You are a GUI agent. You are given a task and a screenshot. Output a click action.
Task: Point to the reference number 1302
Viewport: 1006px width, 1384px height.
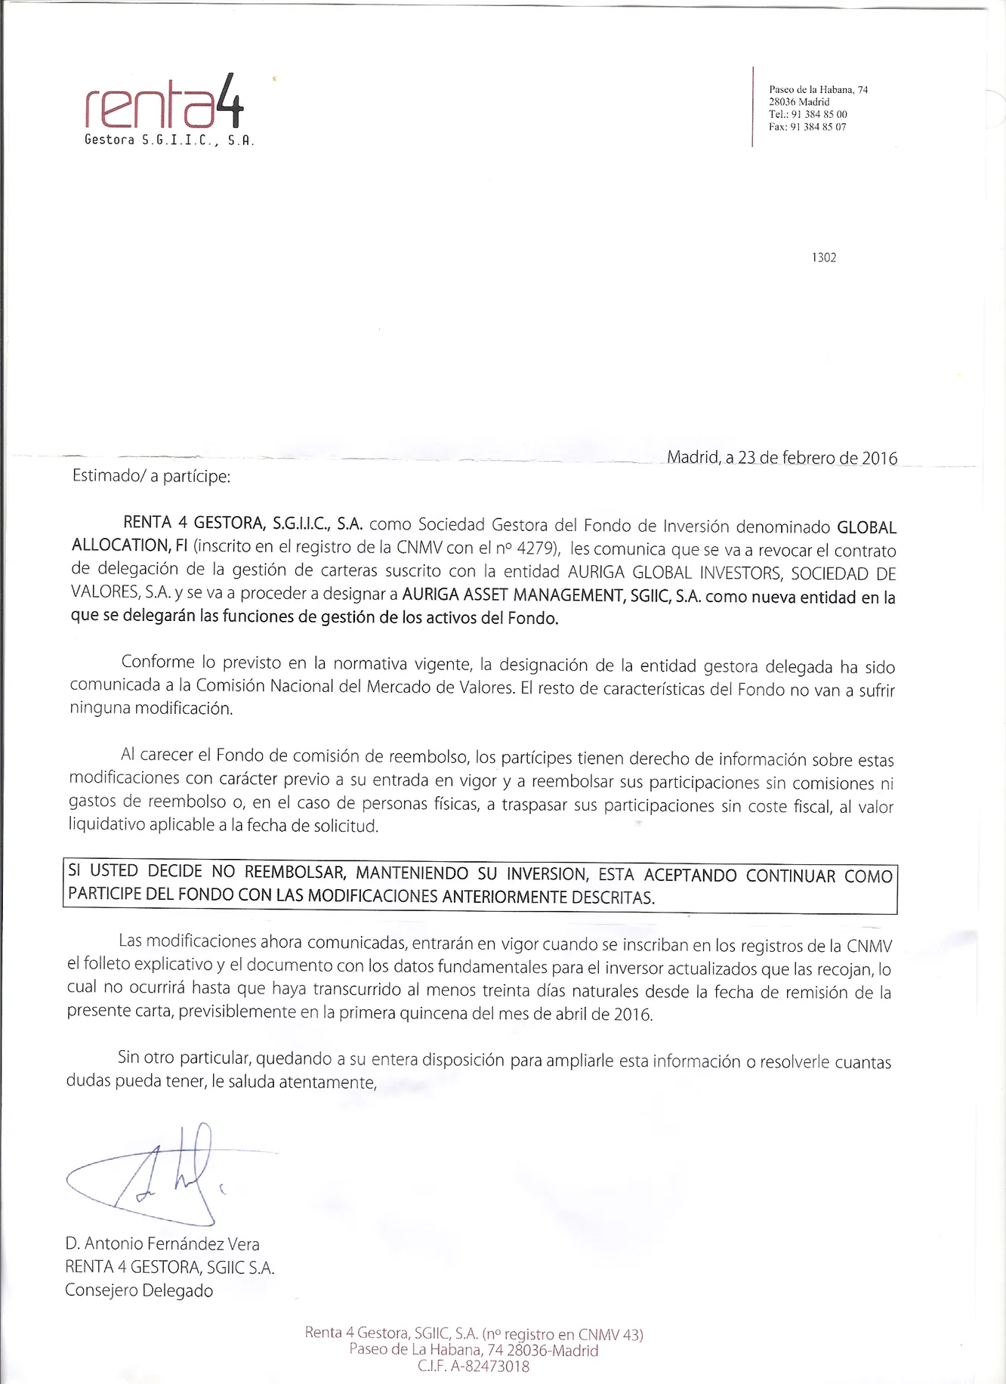[824, 258]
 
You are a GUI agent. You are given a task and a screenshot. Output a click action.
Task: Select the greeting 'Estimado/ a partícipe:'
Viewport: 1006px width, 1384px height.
[150, 477]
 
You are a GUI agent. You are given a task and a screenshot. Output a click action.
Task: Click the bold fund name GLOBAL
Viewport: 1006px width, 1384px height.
[866, 527]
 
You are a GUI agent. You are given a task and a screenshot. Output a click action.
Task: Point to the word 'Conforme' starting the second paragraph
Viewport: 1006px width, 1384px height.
[158, 663]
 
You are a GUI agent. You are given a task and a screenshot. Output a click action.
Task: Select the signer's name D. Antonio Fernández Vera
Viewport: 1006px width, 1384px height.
[162, 1243]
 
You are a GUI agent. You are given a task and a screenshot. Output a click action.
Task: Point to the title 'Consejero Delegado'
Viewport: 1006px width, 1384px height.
[139, 1290]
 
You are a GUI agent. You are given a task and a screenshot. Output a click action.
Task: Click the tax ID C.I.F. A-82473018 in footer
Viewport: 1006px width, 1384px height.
[474, 1366]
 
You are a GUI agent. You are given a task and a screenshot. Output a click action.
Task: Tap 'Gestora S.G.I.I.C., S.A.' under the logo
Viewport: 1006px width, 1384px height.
[168, 140]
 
